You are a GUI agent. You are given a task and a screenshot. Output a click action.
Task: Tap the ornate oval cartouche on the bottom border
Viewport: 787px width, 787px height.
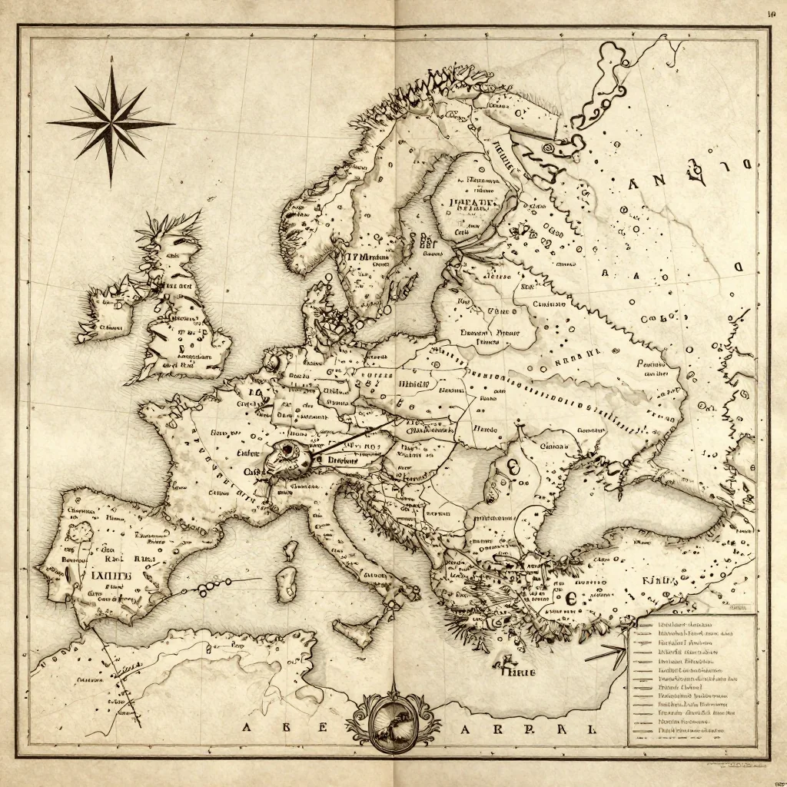point(393,721)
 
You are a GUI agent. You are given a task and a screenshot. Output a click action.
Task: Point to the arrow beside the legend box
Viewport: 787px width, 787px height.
point(605,655)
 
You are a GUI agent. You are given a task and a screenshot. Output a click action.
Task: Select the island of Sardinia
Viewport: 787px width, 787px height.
point(287,583)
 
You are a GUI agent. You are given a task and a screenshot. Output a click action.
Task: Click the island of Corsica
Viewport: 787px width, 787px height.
point(291,550)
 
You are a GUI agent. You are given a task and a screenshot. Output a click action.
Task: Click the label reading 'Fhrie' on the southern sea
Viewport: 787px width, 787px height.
point(518,670)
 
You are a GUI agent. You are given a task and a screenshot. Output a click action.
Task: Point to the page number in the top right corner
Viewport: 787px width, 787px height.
point(772,13)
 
